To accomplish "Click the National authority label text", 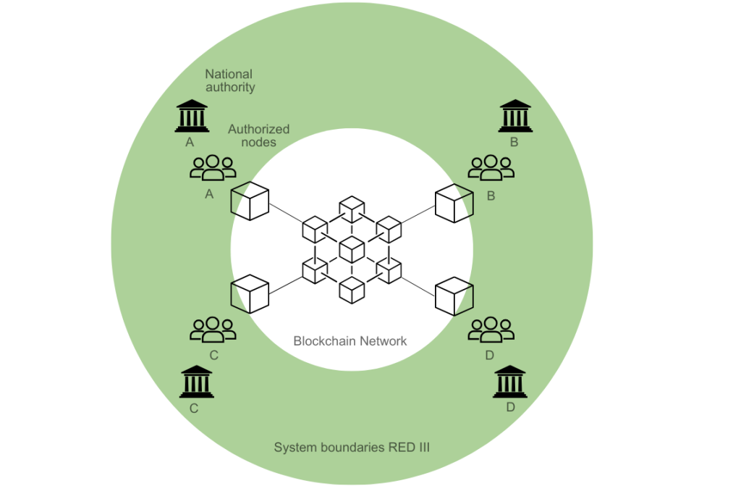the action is (229, 80).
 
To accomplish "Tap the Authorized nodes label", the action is (258, 135).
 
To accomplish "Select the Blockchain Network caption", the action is (350, 341).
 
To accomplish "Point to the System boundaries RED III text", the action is (352, 447).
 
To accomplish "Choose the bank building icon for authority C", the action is (197, 382).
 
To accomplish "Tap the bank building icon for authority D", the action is (510, 382).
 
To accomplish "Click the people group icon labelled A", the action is (213, 167).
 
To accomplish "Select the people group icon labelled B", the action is (491, 167).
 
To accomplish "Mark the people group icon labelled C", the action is (213, 330).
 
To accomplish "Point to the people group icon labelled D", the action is (491, 330).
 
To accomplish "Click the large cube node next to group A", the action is (250, 201).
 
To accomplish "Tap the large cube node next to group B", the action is (454, 203).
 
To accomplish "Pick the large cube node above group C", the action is (250, 294).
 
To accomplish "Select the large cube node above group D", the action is (454, 296).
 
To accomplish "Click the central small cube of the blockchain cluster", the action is (352, 249).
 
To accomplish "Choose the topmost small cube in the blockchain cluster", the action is (352, 209).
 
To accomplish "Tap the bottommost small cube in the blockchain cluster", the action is (352, 290).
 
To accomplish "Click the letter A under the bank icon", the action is (190, 142).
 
